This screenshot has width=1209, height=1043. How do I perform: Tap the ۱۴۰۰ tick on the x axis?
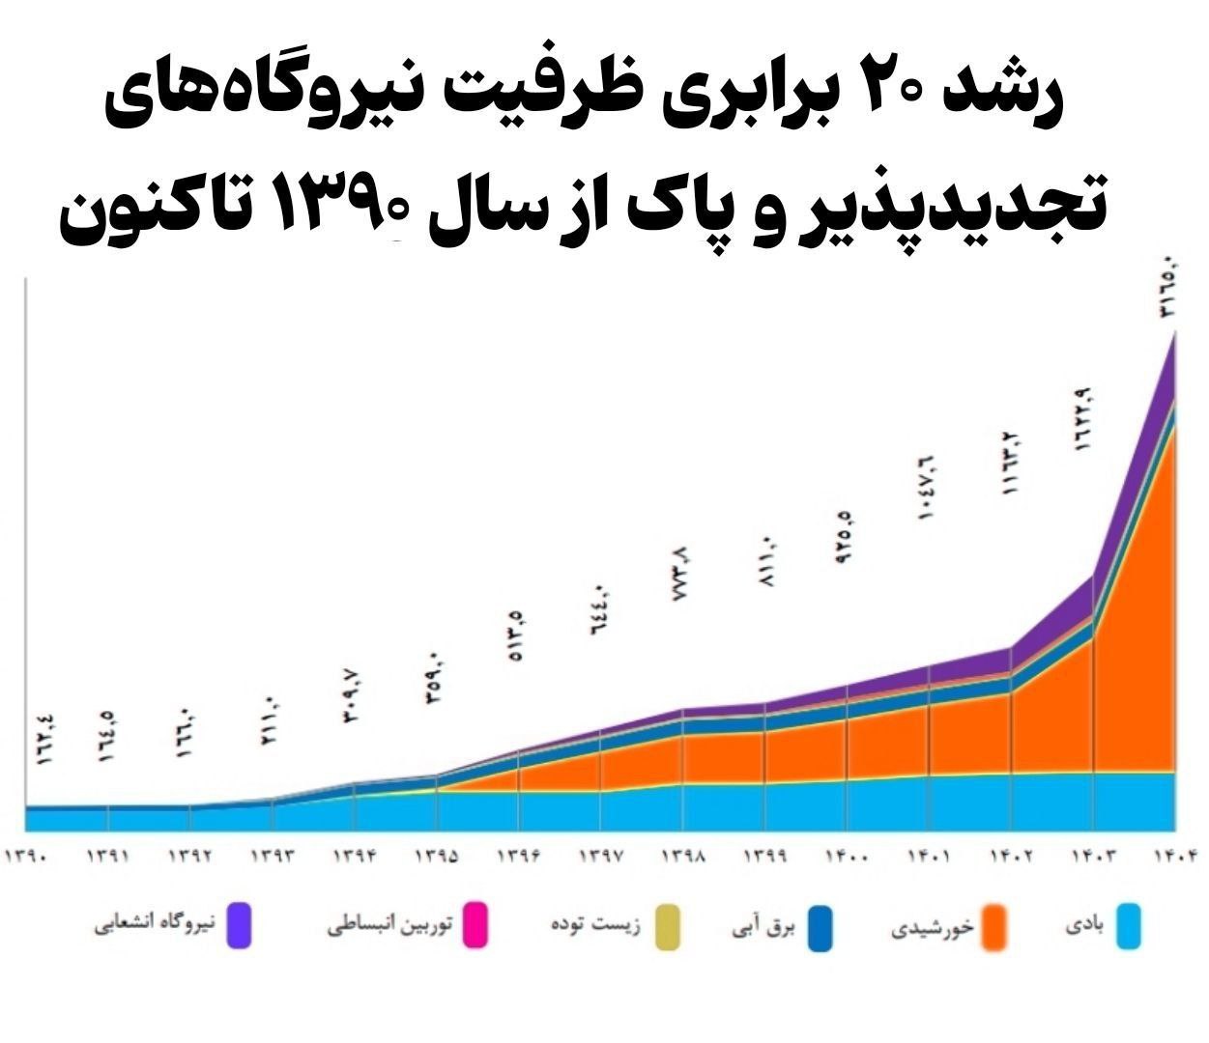[x=847, y=857]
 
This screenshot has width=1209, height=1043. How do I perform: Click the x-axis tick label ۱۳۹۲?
[x=190, y=857]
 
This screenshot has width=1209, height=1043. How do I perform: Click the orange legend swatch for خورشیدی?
[x=993, y=926]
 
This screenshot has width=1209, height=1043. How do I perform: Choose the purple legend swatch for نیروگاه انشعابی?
[x=240, y=926]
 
